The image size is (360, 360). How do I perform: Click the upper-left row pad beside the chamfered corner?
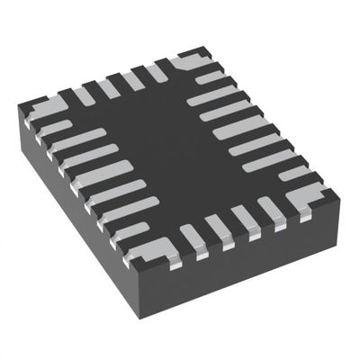pos(160,71)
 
